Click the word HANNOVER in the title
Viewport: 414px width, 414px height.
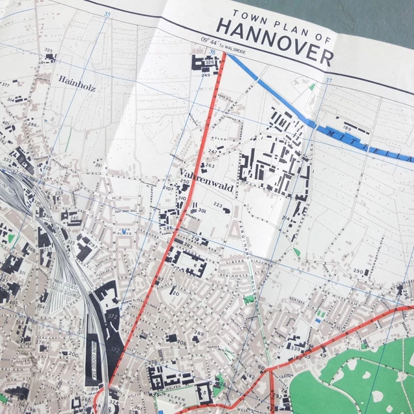click(x=274, y=41)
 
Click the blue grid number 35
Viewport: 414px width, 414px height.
click(x=107, y=14)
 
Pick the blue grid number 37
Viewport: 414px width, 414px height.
click(x=328, y=80)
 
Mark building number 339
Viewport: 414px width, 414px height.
click(x=296, y=349)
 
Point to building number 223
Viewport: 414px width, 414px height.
click(x=218, y=206)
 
